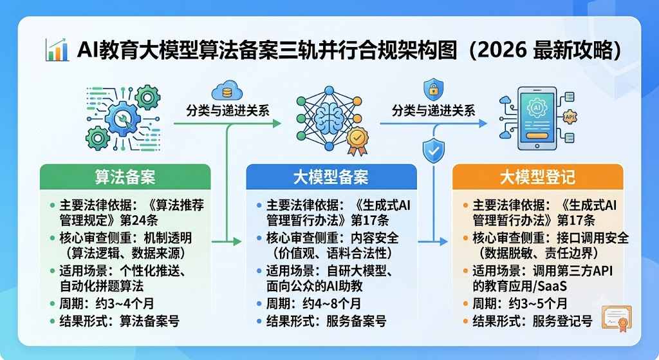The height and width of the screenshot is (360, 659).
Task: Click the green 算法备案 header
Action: [x=125, y=176]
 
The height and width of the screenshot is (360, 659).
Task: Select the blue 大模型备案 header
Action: [x=331, y=176]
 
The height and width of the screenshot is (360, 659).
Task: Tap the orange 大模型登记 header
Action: [x=537, y=176]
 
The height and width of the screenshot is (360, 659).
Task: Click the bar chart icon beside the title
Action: [x=57, y=50]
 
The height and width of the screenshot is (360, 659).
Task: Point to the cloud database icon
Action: [x=227, y=90]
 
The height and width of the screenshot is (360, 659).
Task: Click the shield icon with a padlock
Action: [x=433, y=89]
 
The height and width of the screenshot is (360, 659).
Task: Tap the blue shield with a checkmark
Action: [x=434, y=150]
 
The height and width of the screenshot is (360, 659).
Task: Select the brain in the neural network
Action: [x=329, y=118]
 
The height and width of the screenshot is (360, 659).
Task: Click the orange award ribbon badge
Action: [x=357, y=140]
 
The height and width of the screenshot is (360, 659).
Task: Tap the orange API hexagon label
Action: [x=570, y=117]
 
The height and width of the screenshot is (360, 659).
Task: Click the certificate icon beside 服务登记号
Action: [x=617, y=318]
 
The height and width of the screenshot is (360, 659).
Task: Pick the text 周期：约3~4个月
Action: [x=107, y=303]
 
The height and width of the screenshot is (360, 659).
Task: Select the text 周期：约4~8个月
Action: [x=313, y=303]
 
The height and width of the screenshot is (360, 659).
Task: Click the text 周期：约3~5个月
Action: [x=520, y=303]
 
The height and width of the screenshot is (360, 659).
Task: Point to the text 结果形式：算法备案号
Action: [x=119, y=321]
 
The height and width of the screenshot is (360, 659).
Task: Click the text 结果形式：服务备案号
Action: [x=326, y=321]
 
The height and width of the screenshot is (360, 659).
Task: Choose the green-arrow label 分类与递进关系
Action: [x=228, y=111]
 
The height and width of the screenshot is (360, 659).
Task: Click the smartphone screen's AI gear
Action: [x=537, y=108]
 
